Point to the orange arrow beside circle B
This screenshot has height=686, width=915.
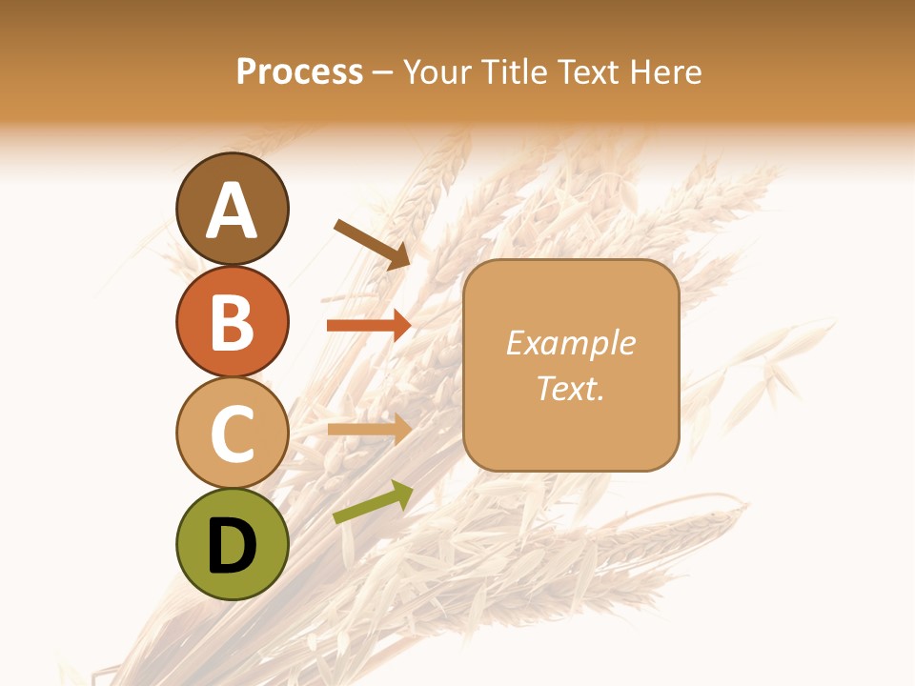369,325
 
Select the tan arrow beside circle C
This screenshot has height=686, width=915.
369,429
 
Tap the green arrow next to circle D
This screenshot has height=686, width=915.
373,503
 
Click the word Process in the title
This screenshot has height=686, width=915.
299,71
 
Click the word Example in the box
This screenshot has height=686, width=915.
570,343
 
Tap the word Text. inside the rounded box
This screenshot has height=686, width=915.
570,389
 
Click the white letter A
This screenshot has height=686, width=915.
232,211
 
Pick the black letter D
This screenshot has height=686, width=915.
232,547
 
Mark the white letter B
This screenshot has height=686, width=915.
232,322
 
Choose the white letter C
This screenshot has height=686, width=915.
232,434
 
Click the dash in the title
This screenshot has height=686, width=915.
383,73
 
